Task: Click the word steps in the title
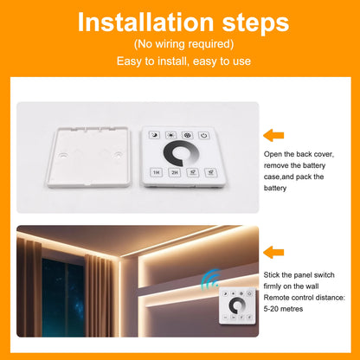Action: [257, 22]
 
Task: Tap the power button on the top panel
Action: [203, 134]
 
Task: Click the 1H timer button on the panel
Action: [157, 173]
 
